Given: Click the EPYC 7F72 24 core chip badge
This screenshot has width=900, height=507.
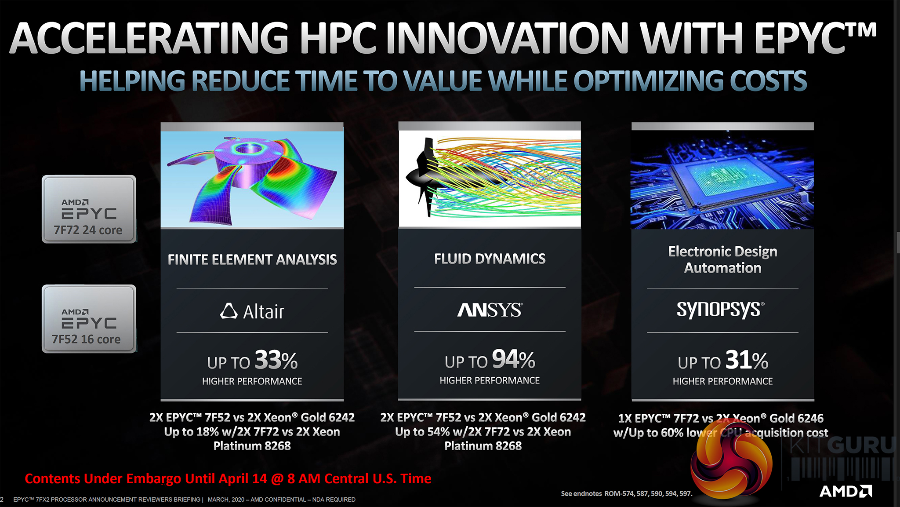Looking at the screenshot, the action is [x=89, y=209].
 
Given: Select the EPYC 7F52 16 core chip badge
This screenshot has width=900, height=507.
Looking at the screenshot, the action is [x=89, y=319].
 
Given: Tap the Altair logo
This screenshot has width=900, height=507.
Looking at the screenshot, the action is [x=252, y=311].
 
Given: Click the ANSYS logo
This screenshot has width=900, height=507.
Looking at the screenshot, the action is [x=490, y=310].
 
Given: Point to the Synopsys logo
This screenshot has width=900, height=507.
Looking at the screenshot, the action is [x=721, y=310].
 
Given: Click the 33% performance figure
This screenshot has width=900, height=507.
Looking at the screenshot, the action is [x=276, y=360].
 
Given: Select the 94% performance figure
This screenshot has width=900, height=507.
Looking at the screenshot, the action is [x=513, y=359].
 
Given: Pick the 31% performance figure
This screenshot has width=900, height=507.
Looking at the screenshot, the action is [x=747, y=360].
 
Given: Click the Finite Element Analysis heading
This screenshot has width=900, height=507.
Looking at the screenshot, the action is [x=252, y=259].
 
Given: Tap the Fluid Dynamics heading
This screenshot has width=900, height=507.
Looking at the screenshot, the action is [x=490, y=259].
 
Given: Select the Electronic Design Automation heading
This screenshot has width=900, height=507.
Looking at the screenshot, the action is [x=723, y=259].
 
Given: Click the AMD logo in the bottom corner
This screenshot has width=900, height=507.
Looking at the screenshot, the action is [x=846, y=492].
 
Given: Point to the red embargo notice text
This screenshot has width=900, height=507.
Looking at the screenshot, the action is [x=228, y=478].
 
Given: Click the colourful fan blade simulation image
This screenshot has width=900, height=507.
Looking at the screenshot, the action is [x=252, y=179].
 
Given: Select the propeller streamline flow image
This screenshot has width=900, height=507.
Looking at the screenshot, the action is [x=490, y=179].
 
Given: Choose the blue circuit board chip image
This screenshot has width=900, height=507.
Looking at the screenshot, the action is [x=722, y=179].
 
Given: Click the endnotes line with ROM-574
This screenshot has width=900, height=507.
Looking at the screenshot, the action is [x=627, y=494].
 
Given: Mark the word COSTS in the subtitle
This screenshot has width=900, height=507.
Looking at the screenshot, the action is [x=769, y=81].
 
